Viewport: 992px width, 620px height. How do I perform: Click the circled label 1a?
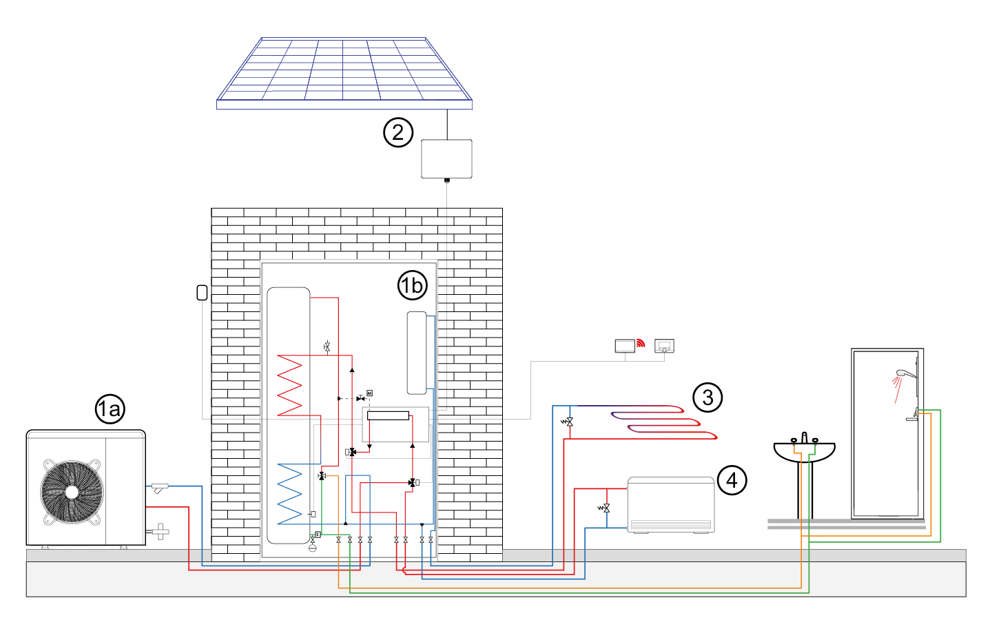point(110,409)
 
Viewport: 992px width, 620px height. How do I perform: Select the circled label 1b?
point(413,285)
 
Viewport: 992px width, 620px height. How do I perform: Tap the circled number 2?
point(398,132)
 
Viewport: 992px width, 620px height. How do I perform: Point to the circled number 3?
point(707,397)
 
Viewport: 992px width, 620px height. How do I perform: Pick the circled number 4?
point(732,480)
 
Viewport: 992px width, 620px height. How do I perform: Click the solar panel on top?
point(344,72)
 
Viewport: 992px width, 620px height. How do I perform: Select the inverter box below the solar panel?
point(446,158)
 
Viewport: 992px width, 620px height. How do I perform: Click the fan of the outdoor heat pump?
point(72,492)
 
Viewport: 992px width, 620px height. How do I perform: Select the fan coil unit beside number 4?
point(670,504)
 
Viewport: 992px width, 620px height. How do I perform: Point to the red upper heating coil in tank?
point(290,385)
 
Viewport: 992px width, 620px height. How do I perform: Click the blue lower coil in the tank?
point(290,493)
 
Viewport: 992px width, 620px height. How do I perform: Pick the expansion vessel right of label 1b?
point(417,353)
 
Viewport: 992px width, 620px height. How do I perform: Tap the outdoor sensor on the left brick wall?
point(202,293)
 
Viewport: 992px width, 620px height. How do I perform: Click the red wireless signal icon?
point(641,343)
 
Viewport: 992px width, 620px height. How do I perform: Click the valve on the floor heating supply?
point(568,422)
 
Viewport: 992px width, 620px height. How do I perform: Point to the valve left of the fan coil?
point(606,508)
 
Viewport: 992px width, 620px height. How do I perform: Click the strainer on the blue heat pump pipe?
point(160,488)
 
